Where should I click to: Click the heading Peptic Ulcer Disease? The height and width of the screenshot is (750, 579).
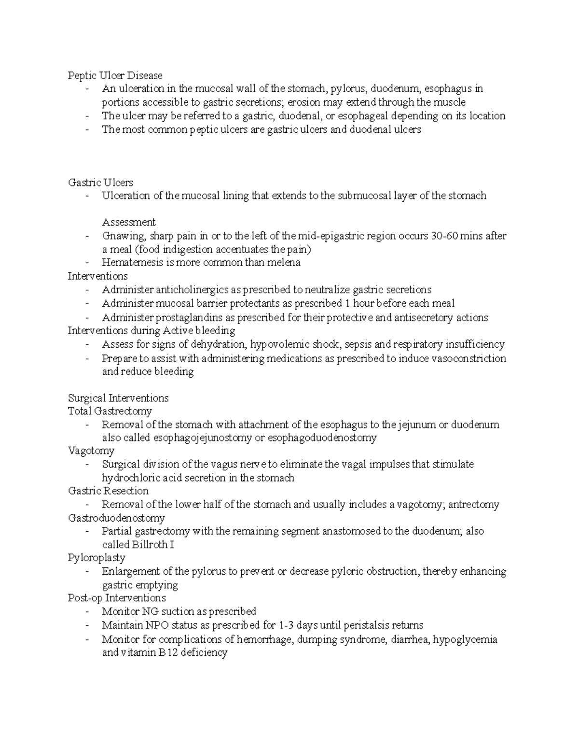[x=115, y=75]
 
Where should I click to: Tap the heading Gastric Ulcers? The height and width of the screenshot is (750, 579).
[x=100, y=183]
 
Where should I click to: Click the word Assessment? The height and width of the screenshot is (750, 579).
[x=129, y=222]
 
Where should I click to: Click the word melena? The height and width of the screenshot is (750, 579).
[x=285, y=263]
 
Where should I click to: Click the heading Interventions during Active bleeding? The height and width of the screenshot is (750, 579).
[x=152, y=331]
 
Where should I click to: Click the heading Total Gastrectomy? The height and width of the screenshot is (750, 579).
[x=110, y=411]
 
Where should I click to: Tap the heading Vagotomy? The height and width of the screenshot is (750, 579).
[x=91, y=451]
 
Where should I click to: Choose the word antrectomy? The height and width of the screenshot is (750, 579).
[x=476, y=505]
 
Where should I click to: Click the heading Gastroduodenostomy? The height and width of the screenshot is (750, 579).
[x=116, y=518]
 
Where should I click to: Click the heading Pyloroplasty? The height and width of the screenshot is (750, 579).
[x=96, y=558]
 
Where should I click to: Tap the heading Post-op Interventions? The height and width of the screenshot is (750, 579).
[x=117, y=598]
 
